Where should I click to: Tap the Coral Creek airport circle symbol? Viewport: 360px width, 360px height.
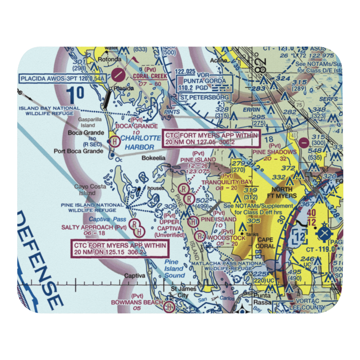coord(119,75)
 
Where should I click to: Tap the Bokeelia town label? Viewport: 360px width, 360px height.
coord(154,158)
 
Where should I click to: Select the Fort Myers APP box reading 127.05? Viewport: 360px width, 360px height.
coord(211,139)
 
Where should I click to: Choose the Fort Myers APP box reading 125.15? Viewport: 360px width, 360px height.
coord(120,248)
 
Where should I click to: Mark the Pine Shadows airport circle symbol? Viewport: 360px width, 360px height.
coord(304,142)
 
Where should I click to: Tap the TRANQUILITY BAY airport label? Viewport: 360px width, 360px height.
coord(226,182)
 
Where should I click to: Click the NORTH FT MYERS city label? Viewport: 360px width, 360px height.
coord(284,193)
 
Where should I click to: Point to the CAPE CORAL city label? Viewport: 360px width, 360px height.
coord(265,243)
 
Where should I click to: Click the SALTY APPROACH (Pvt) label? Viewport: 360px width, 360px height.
coord(94,228)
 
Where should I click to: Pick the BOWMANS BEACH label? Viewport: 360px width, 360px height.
coord(137,302)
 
